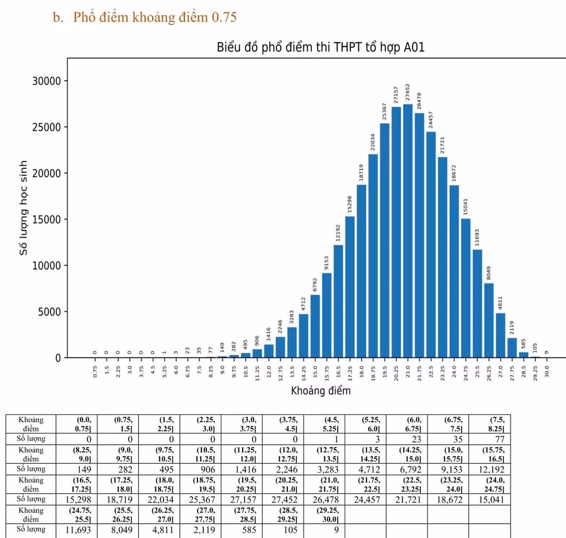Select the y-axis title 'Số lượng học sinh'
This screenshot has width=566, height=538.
(x=24, y=207)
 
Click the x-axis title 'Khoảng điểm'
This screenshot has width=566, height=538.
(x=321, y=390)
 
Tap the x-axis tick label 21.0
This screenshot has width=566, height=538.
(x=408, y=371)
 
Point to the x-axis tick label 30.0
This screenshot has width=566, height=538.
(x=547, y=371)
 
